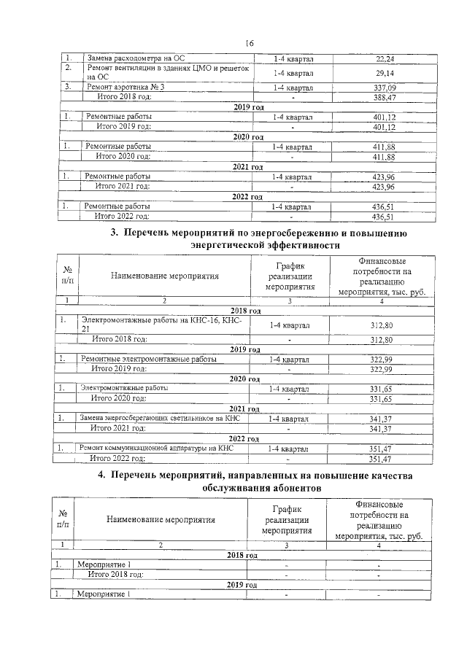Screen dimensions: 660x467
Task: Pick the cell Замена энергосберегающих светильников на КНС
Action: click(162, 418)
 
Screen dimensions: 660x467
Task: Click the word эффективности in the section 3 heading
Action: click(301, 246)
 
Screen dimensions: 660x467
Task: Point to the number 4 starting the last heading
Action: click(101, 475)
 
